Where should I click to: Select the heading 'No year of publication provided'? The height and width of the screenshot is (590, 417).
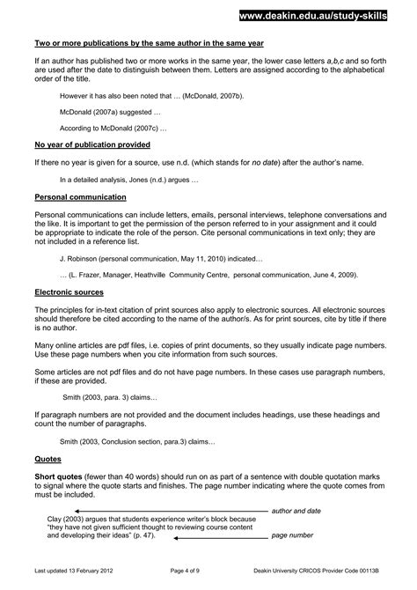click(92, 144)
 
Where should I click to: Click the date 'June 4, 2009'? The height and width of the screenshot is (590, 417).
click(333, 275)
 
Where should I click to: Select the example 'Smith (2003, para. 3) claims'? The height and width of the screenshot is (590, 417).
click(110, 398)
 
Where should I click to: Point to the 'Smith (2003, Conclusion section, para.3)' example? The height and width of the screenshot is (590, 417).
click(137, 440)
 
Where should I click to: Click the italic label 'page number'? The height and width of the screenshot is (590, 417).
click(292, 535)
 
